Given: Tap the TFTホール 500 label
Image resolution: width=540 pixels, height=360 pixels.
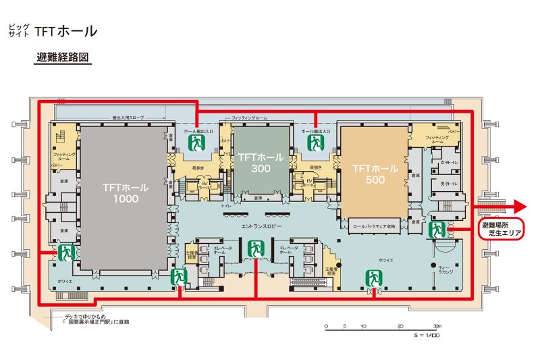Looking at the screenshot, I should coord(375,174).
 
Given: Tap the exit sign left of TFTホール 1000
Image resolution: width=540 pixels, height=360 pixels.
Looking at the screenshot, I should coord(66,253).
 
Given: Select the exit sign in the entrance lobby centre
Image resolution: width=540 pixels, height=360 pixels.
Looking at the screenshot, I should coord(255,248).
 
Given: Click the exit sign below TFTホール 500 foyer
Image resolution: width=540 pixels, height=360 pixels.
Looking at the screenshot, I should coord(373,277).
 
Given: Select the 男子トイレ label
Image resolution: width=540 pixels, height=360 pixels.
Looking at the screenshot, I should coord(450,184).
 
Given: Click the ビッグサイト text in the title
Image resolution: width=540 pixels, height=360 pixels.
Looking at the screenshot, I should coord(19,30).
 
